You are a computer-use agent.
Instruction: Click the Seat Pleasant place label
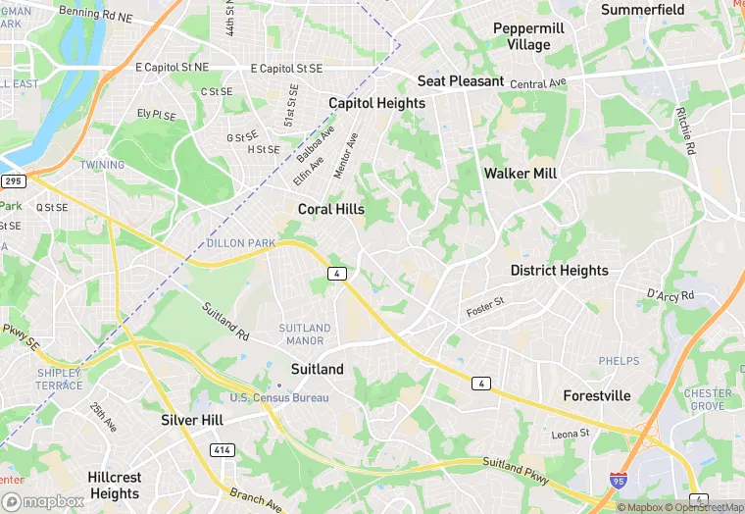pos(460,81)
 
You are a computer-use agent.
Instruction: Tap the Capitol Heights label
pos(376,103)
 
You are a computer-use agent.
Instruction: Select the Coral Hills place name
pos(331,209)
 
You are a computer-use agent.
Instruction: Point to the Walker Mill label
pos(521,174)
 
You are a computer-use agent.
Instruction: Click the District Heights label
pos(559,270)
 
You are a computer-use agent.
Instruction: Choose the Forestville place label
pos(597,396)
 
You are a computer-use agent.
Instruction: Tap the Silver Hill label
pos(192,420)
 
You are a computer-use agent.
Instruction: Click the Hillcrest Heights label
pos(115,486)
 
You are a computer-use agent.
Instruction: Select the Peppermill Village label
pos(528,36)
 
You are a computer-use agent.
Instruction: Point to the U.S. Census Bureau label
pos(279,397)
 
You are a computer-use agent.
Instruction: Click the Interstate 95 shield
pos(618,481)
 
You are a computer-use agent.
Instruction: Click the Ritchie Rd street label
pos(685,131)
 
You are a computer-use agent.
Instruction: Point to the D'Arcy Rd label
pos(670,294)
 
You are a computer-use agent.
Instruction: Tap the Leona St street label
pos(570,433)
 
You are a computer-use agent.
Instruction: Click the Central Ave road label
pos(538,84)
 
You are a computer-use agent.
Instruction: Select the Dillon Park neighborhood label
pos(241,243)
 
